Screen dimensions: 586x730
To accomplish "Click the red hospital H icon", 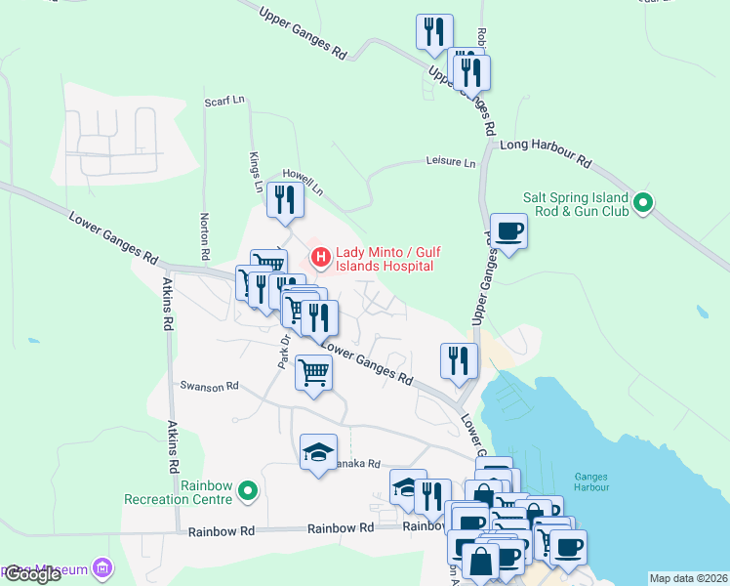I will tap(319, 258).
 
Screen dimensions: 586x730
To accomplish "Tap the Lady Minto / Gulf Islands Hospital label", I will tap(384, 258).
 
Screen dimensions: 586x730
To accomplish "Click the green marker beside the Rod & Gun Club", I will tap(642, 203).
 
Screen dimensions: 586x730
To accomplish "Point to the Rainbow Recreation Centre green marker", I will tap(248, 491).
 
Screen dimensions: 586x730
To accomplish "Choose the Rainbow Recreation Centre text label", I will tap(180, 491).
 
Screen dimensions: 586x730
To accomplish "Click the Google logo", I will tap(32, 574).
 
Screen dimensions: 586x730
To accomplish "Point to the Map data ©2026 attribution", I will tap(688, 578).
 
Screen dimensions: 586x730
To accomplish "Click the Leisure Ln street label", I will tap(450, 162).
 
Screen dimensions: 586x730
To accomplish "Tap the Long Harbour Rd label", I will tap(546, 150).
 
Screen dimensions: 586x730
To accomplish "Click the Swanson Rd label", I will tap(209, 386).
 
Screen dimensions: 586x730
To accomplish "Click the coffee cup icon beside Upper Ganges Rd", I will tap(508, 231).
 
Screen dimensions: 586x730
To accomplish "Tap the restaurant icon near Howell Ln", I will tap(285, 200).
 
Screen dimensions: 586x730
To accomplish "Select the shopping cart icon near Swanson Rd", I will tap(314, 372).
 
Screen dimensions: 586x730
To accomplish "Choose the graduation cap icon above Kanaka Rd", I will tap(318, 451).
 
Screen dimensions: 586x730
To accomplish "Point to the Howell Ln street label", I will tap(302, 178).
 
